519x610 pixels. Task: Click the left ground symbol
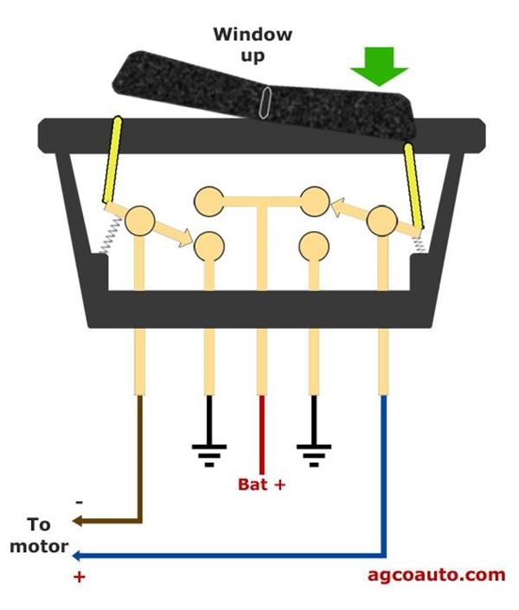[x=208, y=453]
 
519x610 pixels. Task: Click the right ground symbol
[x=313, y=453]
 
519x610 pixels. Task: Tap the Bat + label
[x=261, y=485]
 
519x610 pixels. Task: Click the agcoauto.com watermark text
[x=435, y=574]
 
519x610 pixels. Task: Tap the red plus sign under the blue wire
[x=80, y=577]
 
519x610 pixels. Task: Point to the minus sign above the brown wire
[x=80, y=501]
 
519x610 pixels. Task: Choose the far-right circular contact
[x=381, y=222]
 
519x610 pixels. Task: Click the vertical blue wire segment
[x=384, y=476]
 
